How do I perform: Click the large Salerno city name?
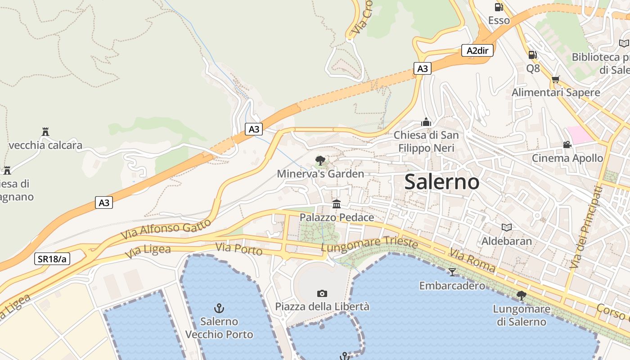pos(441,182)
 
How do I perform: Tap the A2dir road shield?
pos(477,50)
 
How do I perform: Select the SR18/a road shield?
pos(52,258)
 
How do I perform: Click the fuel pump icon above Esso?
pos(499,7)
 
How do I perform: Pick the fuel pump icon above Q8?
pos(532,55)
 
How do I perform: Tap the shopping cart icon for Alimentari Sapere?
pos(556,79)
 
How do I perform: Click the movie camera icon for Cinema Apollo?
pos(567,144)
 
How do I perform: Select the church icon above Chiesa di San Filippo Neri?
pos(426,121)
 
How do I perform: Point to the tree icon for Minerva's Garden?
pos(320,160)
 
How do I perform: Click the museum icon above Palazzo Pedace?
pos(336,204)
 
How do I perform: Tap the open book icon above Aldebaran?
pos(507,227)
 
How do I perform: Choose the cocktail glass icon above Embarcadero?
pos(452,272)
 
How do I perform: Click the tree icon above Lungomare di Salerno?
pos(522,296)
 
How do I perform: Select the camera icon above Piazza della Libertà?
pos(322,293)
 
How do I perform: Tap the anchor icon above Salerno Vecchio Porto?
pos(219,308)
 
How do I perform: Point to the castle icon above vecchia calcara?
pos(45,132)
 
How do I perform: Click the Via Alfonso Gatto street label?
pos(166,229)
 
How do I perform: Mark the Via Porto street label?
pos(238,248)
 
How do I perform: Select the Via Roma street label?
pos(472,261)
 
